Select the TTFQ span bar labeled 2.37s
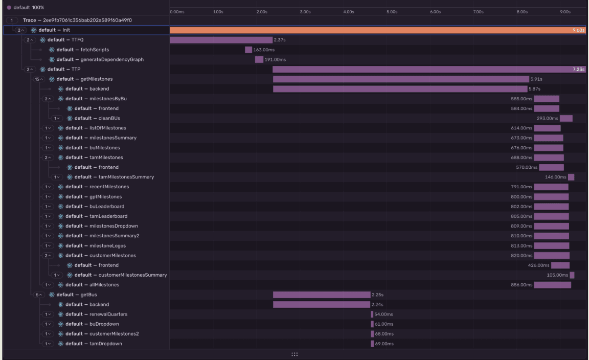[221, 40]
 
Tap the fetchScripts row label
[95, 50]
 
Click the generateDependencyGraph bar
[259, 59]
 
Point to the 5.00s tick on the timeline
[392, 11]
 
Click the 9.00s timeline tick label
[565, 11]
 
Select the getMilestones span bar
[401, 79]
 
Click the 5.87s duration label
[535, 89]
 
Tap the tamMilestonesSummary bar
[571, 177]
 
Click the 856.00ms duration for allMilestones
[522, 285]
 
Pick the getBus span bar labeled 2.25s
[322, 295]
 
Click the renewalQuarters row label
[108, 314]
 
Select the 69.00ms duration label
[384, 344]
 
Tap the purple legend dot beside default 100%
[9, 8]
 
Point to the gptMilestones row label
[105, 197]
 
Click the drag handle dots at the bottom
[294, 354]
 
